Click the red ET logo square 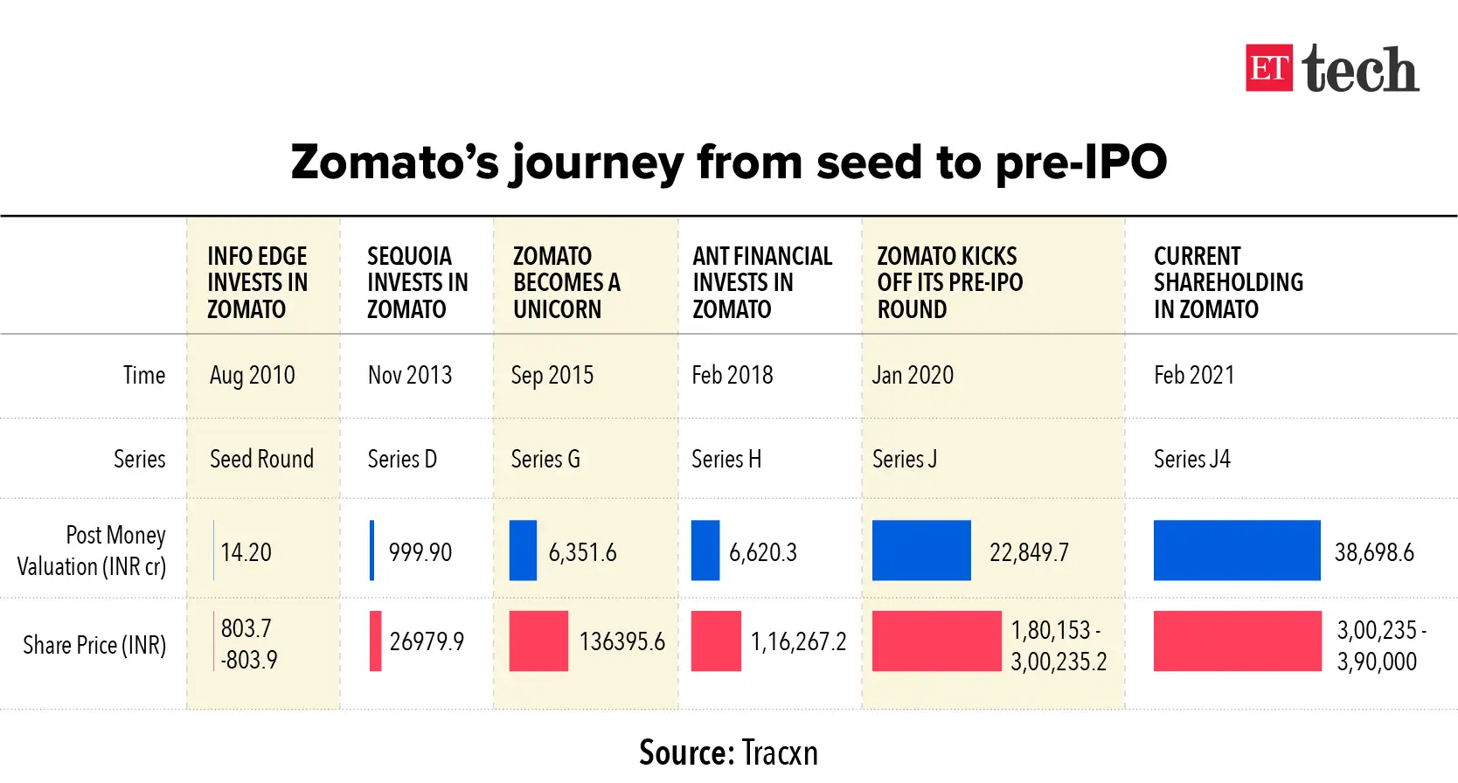coord(1268,68)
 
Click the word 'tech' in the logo coord(1359,69)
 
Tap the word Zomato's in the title coord(394,163)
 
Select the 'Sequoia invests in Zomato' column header coord(417,282)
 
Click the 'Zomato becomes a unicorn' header coord(566,282)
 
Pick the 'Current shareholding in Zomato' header coord(1227,282)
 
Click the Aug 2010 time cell coord(252,375)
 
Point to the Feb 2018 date coord(732,375)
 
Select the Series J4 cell coord(1191,459)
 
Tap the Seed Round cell coord(261,459)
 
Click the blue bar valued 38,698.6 coord(1236,551)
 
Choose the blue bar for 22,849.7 coord(921,551)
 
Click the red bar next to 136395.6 coord(538,641)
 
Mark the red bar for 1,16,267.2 coord(716,641)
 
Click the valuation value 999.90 coord(420,552)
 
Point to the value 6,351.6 coord(582,552)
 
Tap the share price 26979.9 coord(427,641)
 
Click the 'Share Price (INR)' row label coord(94,645)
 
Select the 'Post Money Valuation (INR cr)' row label coord(93,551)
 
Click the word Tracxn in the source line coord(780,752)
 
